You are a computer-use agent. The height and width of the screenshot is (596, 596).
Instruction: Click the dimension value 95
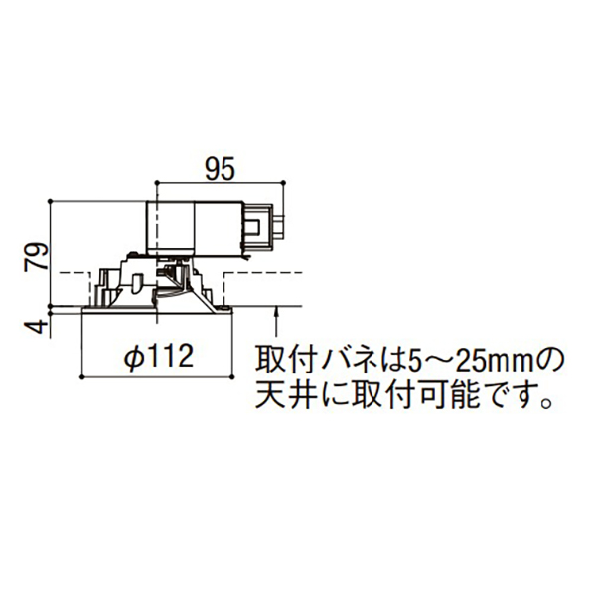pyautogui.click(x=221, y=169)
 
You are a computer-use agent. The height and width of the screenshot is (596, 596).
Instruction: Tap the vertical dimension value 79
pyautogui.click(x=37, y=256)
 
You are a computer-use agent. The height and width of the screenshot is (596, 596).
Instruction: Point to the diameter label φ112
pyautogui.click(x=159, y=358)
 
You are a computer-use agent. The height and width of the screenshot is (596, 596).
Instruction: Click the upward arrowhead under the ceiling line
pyautogui.click(x=276, y=313)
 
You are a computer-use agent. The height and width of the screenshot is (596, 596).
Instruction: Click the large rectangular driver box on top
pyautogui.click(x=195, y=227)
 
